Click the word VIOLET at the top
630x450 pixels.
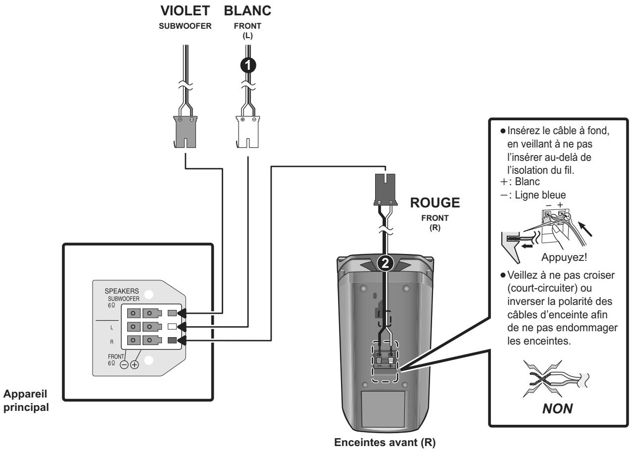(185, 11)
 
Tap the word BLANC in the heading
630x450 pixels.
(247, 11)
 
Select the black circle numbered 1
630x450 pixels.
(248, 65)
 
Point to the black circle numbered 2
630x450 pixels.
(385, 263)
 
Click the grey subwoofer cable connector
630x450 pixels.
(185, 132)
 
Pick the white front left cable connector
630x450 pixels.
(247, 132)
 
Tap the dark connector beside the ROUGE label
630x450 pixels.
(386, 190)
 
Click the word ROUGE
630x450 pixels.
(435, 202)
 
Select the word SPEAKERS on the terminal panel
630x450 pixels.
(122, 291)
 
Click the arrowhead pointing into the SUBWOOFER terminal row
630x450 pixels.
(182, 313)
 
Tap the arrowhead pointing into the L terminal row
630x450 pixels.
(182, 327)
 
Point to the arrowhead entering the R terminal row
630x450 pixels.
(182, 341)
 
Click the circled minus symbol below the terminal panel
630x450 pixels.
(124, 365)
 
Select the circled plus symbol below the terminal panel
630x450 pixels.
(135, 365)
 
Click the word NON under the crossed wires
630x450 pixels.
(557, 408)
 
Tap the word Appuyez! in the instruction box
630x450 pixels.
(564, 257)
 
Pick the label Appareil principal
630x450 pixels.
(26, 400)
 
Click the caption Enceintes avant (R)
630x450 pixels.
(385, 442)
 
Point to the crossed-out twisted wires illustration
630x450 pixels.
(556, 379)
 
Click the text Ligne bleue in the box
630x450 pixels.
(540, 195)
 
